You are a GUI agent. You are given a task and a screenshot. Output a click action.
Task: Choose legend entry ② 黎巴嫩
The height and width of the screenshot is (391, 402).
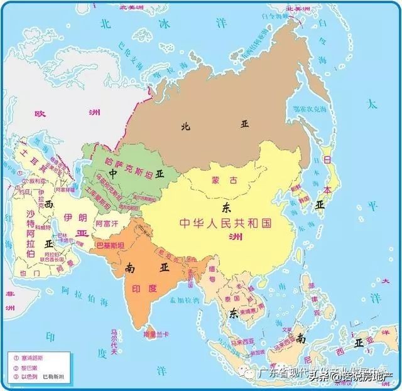click(x=27, y=367)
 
